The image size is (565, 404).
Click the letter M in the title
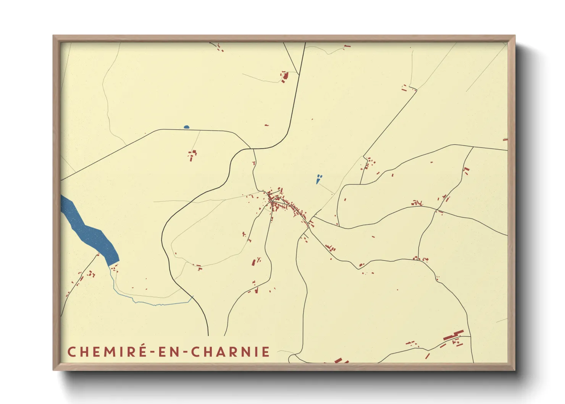[x=109, y=352]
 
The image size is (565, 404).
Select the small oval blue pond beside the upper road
[x=186, y=127]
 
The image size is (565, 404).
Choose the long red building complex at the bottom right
[x=454, y=335]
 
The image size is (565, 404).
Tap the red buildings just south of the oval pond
[x=192, y=155]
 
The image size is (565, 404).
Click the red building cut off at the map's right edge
[x=505, y=140]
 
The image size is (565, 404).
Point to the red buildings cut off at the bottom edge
[x=341, y=360]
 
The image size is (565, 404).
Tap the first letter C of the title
[x=71, y=352]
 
